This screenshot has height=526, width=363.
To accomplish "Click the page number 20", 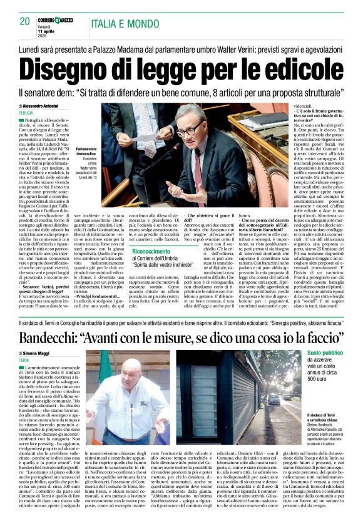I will [24, 21].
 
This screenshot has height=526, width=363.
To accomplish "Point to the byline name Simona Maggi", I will [44, 354].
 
